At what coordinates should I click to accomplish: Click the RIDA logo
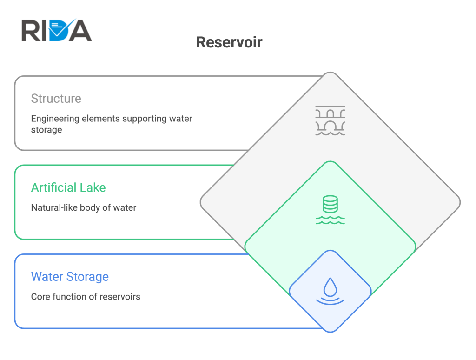point(56,30)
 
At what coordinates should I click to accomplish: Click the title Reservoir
point(229,42)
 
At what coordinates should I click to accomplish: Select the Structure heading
point(56,99)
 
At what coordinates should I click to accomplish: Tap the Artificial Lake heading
point(68,187)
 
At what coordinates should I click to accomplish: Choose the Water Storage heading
point(70,277)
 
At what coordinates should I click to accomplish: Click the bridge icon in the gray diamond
point(331,120)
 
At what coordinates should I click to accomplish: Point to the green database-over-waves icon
point(331,210)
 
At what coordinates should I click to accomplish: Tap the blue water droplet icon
point(331,291)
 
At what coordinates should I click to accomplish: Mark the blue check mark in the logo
point(63,29)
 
